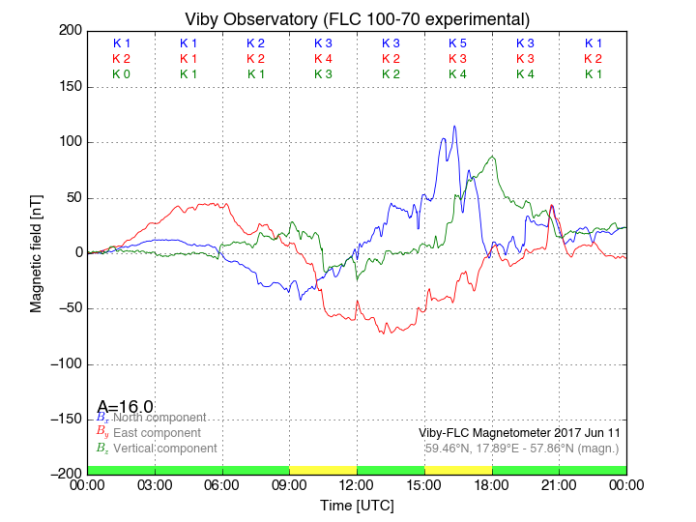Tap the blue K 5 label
pyautogui.click(x=457, y=43)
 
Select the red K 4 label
pyautogui.click(x=323, y=59)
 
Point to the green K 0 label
pyautogui.click(x=121, y=73)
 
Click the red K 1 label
pyautogui.click(x=188, y=59)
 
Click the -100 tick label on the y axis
pyautogui.click(x=64, y=364)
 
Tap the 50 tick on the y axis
pyautogui.click(x=72, y=198)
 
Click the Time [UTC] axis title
pyautogui.click(x=357, y=506)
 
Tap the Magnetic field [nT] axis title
pyautogui.click(x=37, y=251)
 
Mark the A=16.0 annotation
pyautogui.click(x=125, y=407)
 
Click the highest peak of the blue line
pyautogui.click(x=454, y=126)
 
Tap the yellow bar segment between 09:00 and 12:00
pyautogui.click(x=323, y=470)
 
